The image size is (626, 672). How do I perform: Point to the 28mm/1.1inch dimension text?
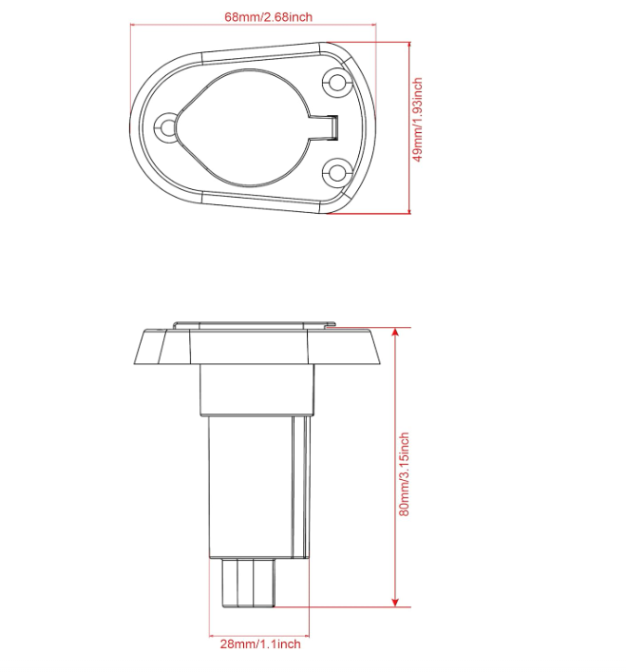coord(260,643)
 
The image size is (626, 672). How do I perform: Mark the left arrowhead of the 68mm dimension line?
coord(133,28)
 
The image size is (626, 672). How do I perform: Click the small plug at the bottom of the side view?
coord(248,582)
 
